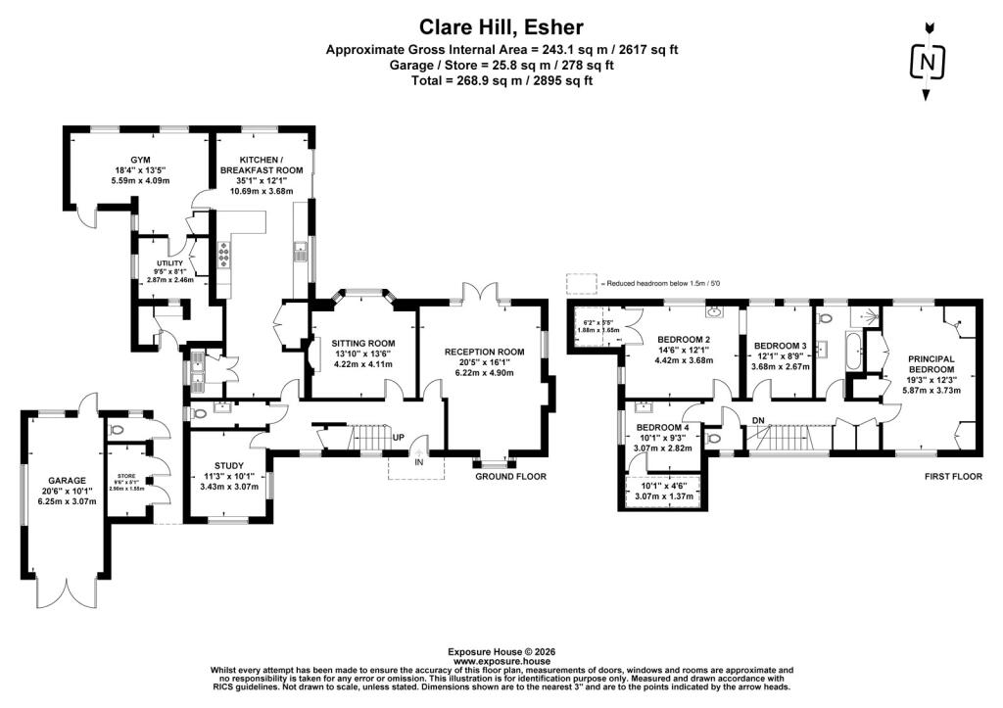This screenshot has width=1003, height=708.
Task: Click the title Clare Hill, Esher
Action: (501, 26)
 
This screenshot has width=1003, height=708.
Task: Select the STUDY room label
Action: (228, 465)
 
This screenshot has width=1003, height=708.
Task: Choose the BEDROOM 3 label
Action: (779, 345)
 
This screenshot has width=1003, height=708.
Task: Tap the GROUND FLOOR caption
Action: (510, 477)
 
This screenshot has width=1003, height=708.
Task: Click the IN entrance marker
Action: (418, 460)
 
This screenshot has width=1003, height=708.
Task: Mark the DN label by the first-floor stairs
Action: (756, 420)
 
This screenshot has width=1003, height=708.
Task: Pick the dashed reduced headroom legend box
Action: (581, 283)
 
